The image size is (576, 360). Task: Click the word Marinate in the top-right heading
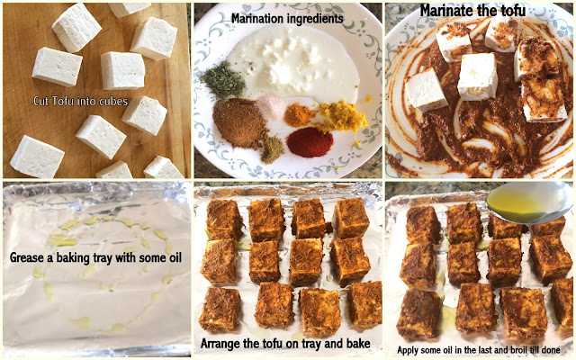point(447,11)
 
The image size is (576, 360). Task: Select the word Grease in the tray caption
point(26,257)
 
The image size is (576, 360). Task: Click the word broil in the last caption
point(516,350)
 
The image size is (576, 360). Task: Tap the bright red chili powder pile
point(310,142)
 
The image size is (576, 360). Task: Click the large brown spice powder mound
point(239,122)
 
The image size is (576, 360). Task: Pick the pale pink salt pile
point(272,106)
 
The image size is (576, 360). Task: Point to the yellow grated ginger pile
point(342,115)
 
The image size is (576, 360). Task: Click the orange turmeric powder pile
point(299,114)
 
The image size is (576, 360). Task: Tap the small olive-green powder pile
point(272,148)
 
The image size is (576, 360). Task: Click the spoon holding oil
point(530,202)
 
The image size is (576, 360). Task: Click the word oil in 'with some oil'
point(174,257)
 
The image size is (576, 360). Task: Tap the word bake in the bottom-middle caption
point(357,344)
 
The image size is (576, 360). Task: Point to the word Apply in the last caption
point(408,350)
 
